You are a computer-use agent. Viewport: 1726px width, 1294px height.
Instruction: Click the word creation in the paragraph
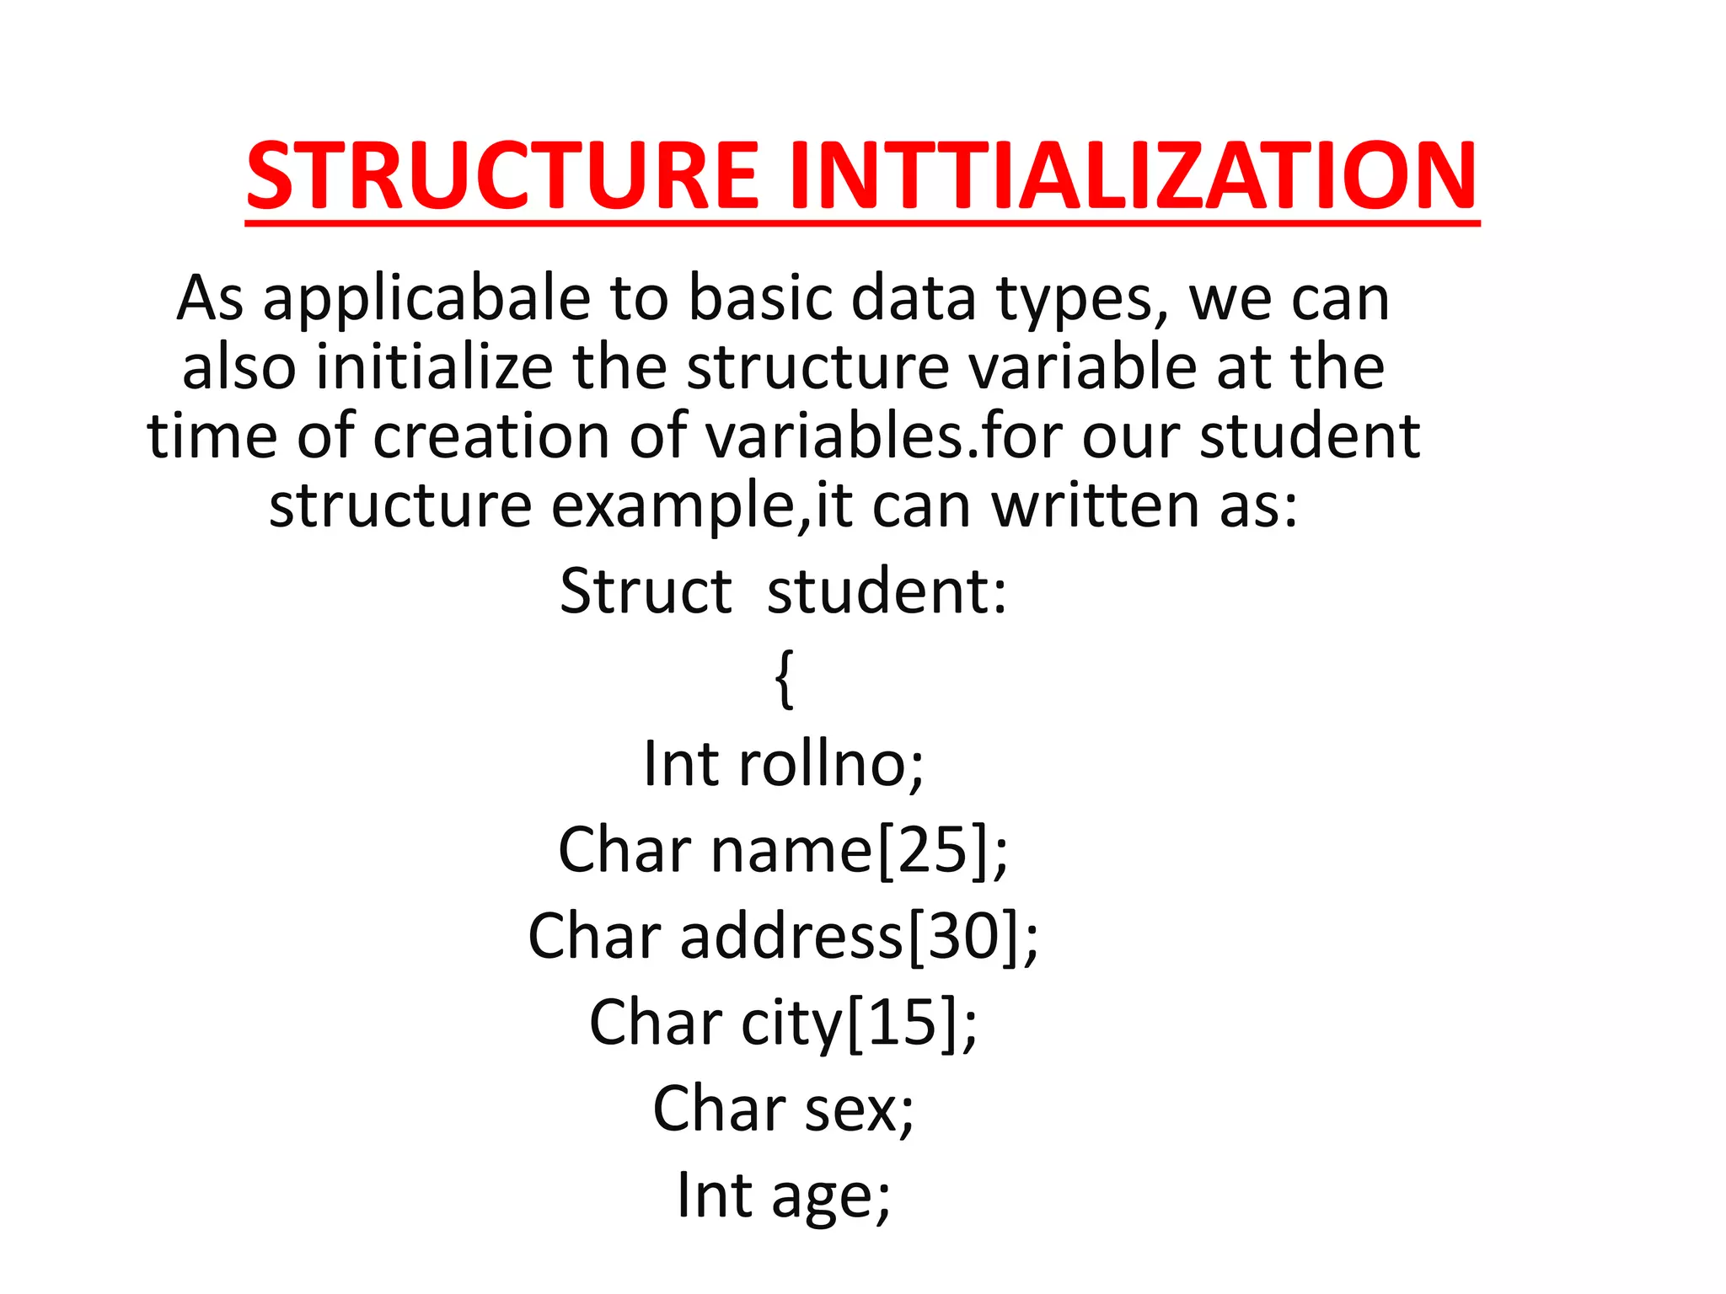point(491,436)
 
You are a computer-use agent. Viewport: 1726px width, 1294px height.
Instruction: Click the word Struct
point(646,591)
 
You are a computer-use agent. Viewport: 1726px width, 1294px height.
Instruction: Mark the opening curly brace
point(784,679)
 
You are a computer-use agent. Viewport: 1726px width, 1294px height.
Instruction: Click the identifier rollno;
point(831,764)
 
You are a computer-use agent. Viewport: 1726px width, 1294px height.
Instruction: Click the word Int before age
point(715,1195)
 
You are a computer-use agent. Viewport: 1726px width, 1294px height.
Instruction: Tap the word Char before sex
point(719,1109)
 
